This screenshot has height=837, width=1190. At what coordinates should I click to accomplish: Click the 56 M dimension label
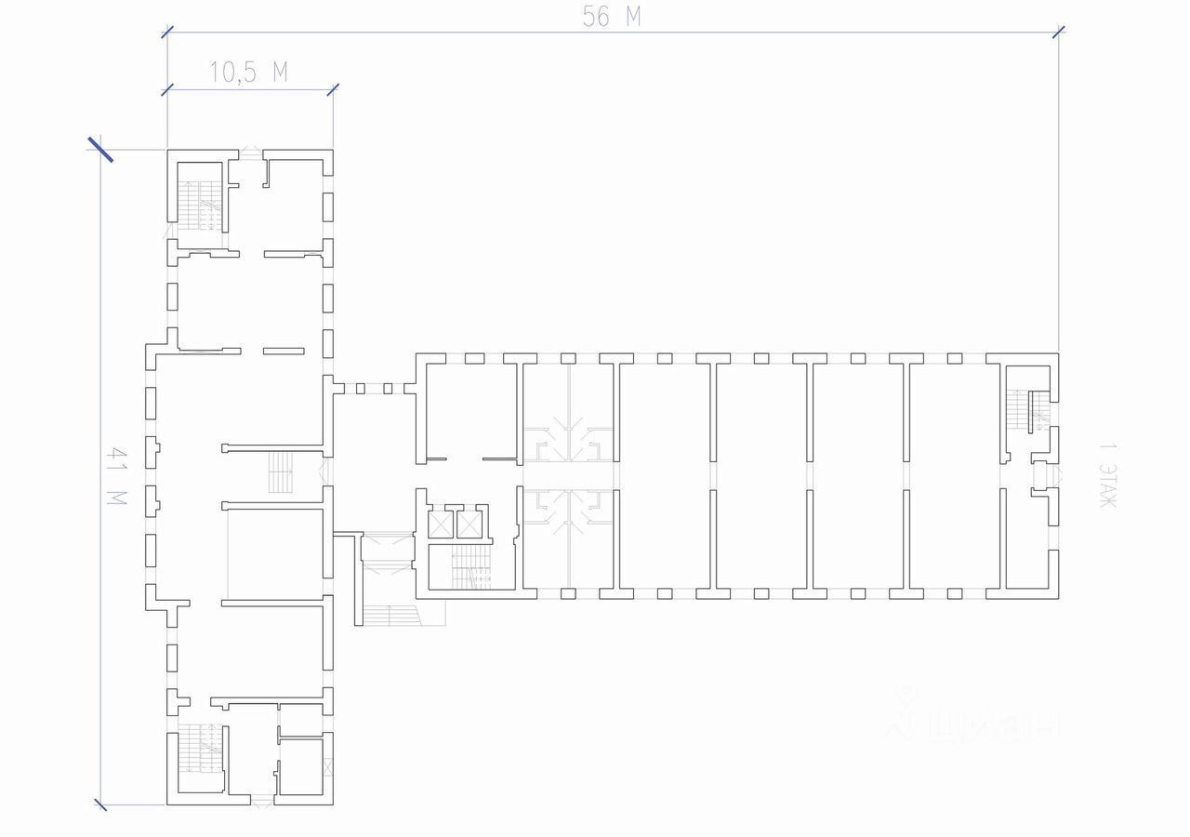[x=613, y=16]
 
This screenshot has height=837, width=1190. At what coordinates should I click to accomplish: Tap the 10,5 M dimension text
[x=248, y=73]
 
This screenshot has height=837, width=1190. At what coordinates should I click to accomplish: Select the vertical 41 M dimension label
[x=118, y=476]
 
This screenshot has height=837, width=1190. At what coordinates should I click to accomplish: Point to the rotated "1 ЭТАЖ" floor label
[x=1107, y=476]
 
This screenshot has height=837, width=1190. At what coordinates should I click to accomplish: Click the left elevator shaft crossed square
[x=439, y=525]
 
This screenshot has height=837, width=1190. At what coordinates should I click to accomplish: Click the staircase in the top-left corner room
[x=199, y=203]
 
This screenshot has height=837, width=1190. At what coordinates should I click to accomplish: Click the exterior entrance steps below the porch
[x=391, y=615]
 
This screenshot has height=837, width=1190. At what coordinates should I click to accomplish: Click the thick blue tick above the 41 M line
[x=100, y=150]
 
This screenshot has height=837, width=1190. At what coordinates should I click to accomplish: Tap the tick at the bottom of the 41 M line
[x=100, y=804]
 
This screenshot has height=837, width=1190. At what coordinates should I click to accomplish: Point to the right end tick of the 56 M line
[x=1059, y=33]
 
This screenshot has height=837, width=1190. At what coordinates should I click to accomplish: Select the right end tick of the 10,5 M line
[x=333, y=89]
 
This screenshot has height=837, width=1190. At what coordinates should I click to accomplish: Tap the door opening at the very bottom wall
[x=262, y=801]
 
